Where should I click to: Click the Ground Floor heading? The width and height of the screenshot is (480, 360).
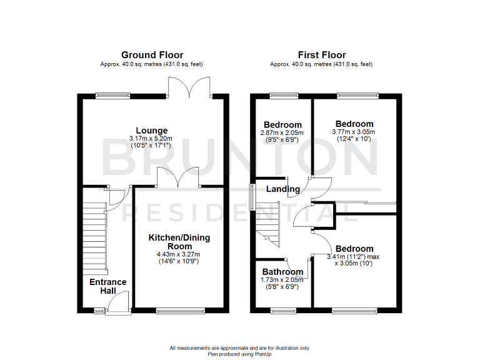pyautogui.click(x=152, y=55)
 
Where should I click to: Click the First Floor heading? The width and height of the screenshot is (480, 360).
pyautogui.click(x=321, y=55)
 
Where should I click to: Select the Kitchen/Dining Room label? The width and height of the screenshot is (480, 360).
pyautogui.click(x=179, y=242)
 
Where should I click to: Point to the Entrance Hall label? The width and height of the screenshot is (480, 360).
pyautogui.click(x=107, y=287)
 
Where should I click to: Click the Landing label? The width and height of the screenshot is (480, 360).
pyautogui.click(x=283, y=189)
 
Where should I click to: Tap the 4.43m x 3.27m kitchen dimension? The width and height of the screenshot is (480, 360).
pyautogui.click(x=179, y=254)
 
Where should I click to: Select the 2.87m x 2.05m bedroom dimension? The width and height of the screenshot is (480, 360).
pyautogui.click(x=282, y=132)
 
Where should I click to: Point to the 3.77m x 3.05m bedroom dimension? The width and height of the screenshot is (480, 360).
pyautogui.click(x=354, y=132)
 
